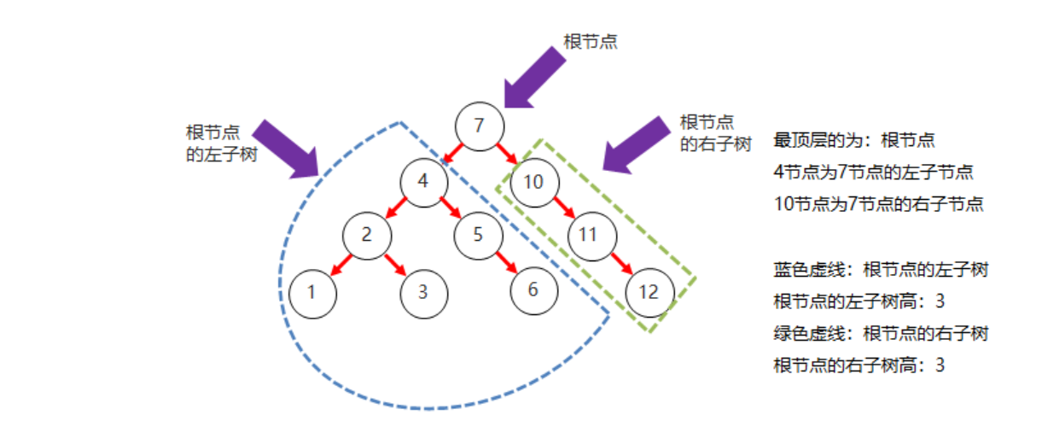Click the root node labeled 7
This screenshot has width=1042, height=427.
pyautogui.click(x=479, y=126)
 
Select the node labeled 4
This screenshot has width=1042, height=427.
pyautogui.click(x=424, y=182)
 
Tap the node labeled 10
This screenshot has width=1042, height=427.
pyautogui.click(x=533, y=182)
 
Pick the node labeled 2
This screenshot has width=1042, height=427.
pyautogui.click(x=367, y=235)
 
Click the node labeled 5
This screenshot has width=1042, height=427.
pyautogui.click(x=477, y=235)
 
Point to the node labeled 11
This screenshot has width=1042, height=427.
pyautogui.click(x=587, y=235)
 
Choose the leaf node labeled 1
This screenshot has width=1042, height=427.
pyautogui.click(x=312, y=291)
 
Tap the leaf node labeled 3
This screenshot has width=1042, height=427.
pyautogui.click(x=423, y=291)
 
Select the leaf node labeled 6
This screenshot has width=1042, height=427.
pyautogui.click(x=533, y=290)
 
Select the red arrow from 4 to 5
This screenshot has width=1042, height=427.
pyautogui.click(x=451, y=208)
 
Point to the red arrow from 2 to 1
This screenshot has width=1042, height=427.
pyautogui.click(x=340, y=264)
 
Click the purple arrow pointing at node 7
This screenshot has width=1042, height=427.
pyautogui.click(x=533, y=77)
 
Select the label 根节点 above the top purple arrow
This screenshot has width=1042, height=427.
pyautogui.click(x=591, y=41)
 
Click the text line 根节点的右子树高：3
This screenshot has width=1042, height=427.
pyautogui.click(x=859, y=366)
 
